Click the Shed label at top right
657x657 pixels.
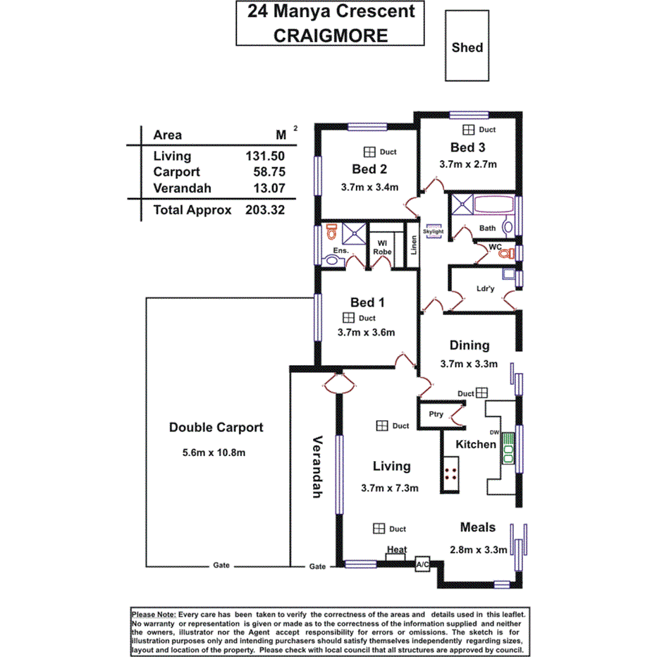tap(467, 47)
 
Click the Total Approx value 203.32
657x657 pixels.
tap(264, 210)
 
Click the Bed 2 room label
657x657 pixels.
tap(370, 169)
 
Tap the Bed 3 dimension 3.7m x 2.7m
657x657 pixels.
tap(469, 164)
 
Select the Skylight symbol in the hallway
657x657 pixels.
tap(433, 231)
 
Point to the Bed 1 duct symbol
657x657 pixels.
tap(348, 318)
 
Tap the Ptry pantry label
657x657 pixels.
tap(436, 414)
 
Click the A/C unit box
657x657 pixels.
tap(422, 565)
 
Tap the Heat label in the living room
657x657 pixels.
tap(396, 550)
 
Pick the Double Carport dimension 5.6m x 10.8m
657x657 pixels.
tap(209, 453)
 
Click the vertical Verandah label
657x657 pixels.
tap(317, 466)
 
